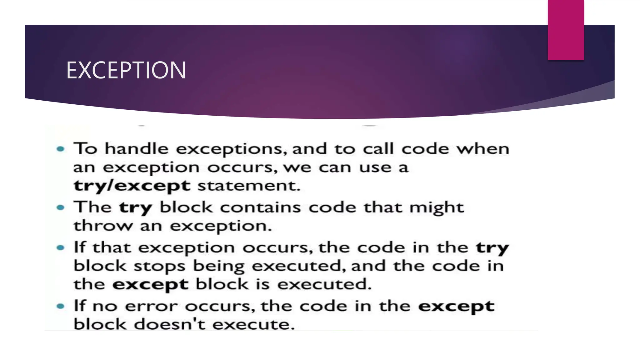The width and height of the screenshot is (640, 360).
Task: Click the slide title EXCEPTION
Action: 126,70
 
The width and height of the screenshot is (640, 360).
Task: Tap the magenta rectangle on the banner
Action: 566,30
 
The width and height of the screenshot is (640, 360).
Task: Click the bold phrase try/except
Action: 132,186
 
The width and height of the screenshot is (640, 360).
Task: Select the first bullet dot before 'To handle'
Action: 61,149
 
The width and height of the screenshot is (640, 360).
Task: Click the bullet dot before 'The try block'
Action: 61,207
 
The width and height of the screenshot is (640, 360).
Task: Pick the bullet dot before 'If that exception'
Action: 61,248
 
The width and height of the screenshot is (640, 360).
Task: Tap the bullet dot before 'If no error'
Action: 61,306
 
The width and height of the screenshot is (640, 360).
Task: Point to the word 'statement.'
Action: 249,186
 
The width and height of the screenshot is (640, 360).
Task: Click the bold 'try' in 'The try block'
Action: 136,208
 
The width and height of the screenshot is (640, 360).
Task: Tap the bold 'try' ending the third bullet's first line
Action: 492,248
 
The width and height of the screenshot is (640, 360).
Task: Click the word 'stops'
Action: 160,266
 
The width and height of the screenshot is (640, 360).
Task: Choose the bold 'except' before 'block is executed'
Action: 150,285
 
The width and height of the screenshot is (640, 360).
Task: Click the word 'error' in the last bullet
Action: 151,306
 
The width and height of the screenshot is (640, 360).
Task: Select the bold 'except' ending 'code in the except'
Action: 456,306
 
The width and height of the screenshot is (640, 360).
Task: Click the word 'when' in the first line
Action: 483,148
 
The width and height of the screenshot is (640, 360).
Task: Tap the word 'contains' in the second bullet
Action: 260,207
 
